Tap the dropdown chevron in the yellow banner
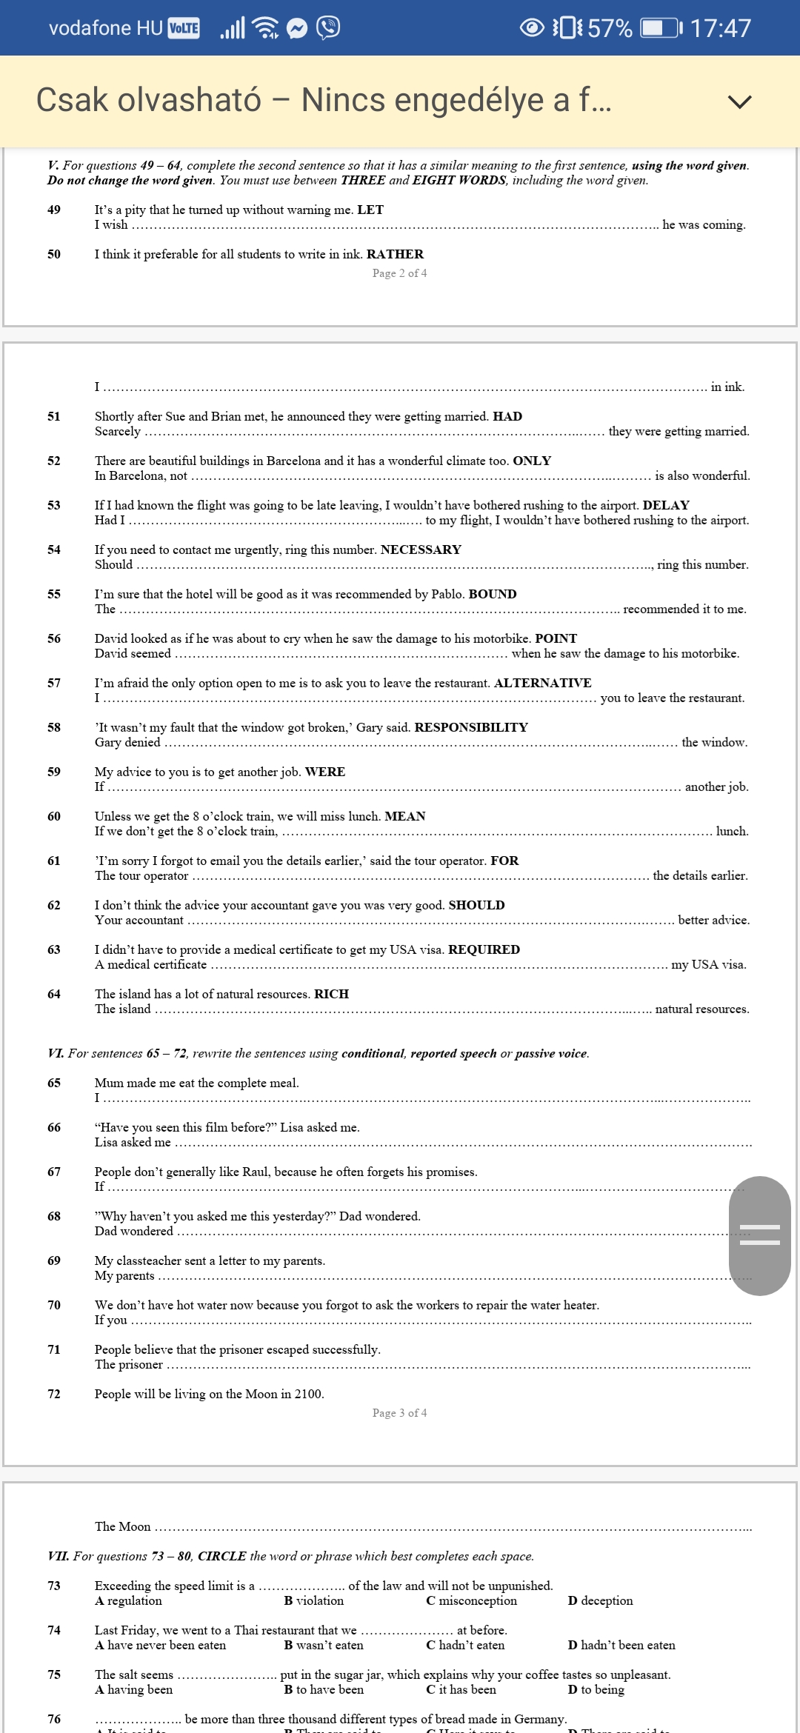[739, 101]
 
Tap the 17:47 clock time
[720, 28]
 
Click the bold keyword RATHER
[395, 254]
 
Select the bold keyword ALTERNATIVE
[542, 683]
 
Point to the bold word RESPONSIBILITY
[471, 727]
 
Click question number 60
[54, 816]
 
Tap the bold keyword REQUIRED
[484, 949]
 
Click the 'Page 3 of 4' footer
[399, 1413]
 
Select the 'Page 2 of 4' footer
[399, 273]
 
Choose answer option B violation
[314, 1600]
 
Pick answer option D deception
[600, 1600]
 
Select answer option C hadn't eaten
[465, 1645]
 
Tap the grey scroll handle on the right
[759, 1235]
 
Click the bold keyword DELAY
[666, 505]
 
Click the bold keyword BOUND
[493, 594]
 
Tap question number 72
[54, 1394]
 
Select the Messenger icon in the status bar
[297, 28]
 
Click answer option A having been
[134, 1689]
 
